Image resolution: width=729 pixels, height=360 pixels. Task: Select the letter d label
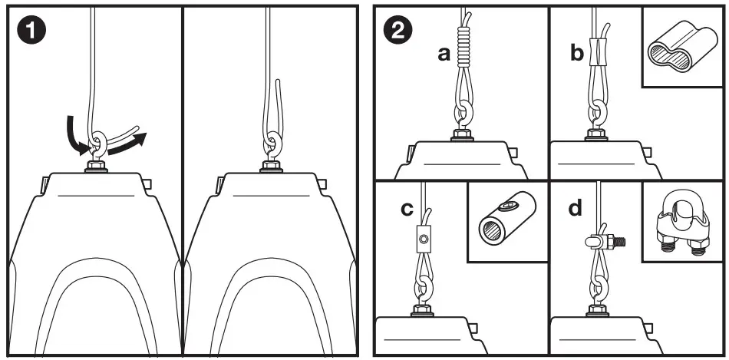pos(575,209)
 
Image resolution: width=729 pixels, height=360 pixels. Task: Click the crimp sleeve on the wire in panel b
pos(595,52)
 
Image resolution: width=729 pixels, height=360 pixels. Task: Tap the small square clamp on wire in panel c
pos(423,239)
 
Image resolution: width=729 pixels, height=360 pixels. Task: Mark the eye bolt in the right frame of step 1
pos(271,146)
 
